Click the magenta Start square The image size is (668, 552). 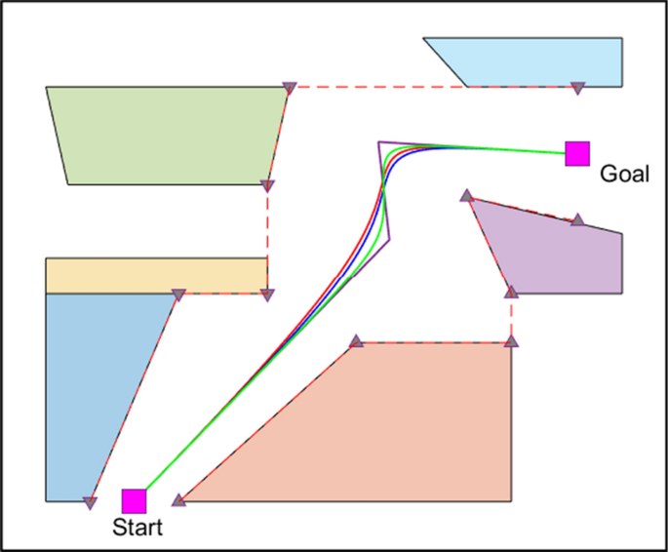(134, 500)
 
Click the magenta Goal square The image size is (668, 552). (577, 153)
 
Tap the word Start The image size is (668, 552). (138, 528)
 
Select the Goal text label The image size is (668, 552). (624, 175)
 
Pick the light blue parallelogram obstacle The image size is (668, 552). (536, 62)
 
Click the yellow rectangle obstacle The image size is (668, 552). (156, 275)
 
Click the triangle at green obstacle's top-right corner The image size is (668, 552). (289, 89)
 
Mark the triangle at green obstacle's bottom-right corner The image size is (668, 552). (268, 185)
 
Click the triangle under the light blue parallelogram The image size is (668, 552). (577, 88)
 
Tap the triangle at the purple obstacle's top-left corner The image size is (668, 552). (467, 196)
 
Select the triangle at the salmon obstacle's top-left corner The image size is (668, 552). (356, 341)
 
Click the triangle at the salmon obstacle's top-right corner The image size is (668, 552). (512, 341)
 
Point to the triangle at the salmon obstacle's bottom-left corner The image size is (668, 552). (178, 500)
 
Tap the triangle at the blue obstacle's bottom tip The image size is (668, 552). (90, 503)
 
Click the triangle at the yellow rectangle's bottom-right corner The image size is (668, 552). (268, 295)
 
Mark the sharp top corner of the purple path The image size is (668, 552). (379, 142)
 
